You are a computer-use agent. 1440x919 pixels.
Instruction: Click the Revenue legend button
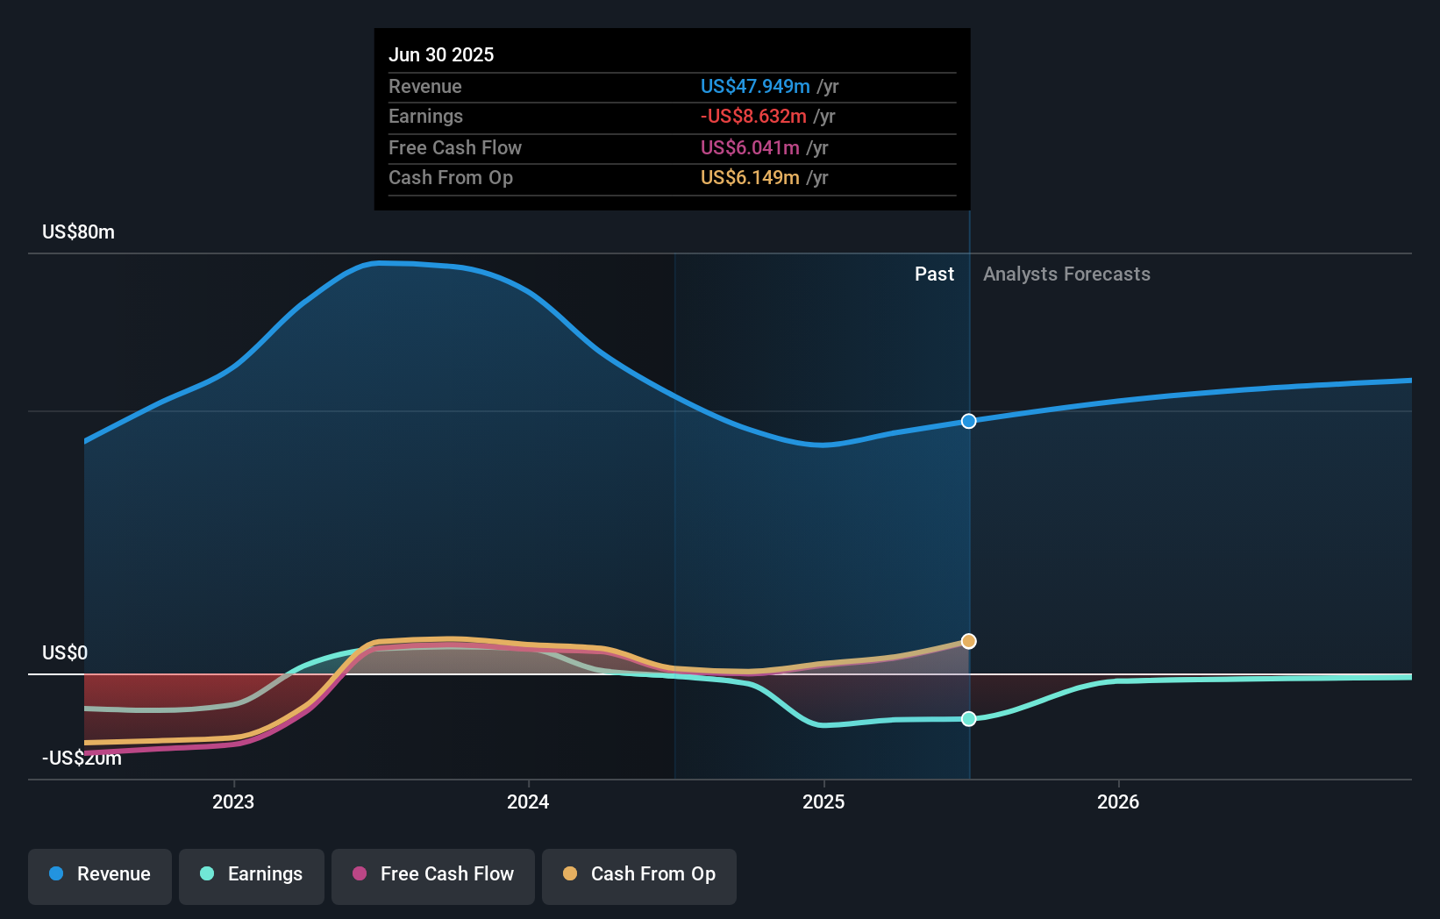click(x=100, y=874)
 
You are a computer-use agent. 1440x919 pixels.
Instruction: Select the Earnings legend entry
click(x=252, y=874)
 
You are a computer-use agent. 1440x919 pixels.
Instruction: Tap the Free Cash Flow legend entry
click(x=433, y=874)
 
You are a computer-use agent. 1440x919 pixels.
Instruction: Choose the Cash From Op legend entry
click(x=639, y=874)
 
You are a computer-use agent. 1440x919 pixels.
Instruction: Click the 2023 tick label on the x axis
click(x=233, y=801)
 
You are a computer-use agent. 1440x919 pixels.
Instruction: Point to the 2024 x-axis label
click(x=528, y=801)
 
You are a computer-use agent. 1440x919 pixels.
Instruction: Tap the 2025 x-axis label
click(x=823, y=801)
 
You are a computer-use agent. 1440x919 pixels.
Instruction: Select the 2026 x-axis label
click(x=1118, y=801)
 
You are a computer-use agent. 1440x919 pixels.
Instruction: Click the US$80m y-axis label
click(x=78, y=232)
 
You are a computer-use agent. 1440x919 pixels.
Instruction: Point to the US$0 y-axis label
click(x=65, y=653)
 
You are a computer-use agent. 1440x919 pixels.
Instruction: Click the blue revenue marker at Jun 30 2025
click(x=968, y=421)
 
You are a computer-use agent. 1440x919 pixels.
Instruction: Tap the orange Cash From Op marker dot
click(x=968, y=641)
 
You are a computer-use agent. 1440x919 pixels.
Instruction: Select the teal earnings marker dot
click(x=968, y=719)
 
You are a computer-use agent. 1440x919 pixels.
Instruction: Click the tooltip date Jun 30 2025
click(x=441, y=54)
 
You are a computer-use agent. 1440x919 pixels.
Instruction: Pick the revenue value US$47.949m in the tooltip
click(x=755, y=86)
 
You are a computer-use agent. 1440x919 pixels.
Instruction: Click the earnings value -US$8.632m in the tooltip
click(x=753, y=117)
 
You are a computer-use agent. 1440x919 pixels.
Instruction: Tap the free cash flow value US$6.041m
click(x=750, y=148)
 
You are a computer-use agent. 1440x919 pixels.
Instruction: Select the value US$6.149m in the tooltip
click(x=750, y=178)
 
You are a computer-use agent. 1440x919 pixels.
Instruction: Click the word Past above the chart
click(x=934, y=274)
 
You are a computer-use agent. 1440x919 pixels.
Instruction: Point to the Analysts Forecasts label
click(x=1066, y=274)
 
